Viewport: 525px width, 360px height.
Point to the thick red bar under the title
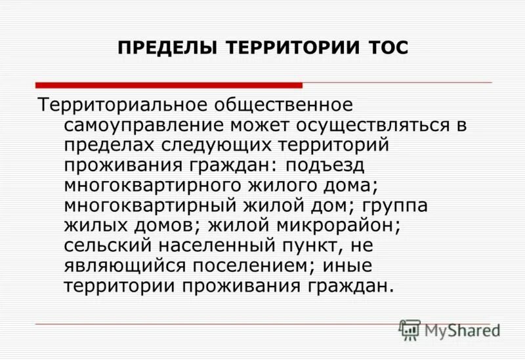tap(169, 85)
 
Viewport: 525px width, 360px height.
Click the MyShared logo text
tap(462, 330)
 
